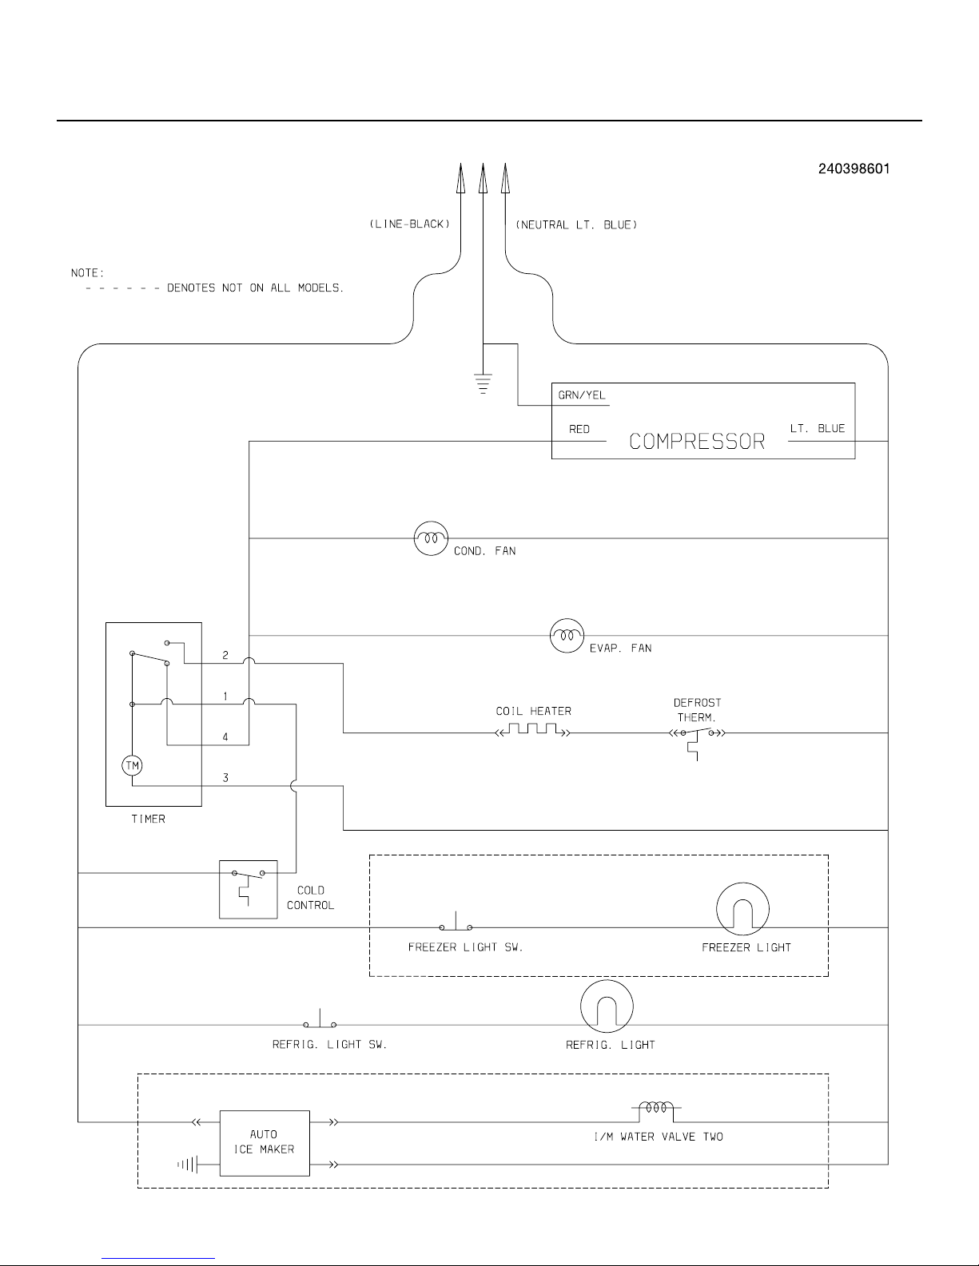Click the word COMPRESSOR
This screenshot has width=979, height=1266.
(697, 442)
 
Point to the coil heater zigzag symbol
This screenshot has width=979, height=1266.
(532, 729)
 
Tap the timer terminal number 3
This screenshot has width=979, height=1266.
(225, 777)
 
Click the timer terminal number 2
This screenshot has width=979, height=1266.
(225, 655)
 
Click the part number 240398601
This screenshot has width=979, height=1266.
(854, 169)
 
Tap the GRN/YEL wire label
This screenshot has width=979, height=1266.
(582, 395)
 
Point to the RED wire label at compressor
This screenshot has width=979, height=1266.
(579, 430)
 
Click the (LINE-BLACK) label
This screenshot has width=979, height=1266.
(410, 224)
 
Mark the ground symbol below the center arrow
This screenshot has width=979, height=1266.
(483, 384)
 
